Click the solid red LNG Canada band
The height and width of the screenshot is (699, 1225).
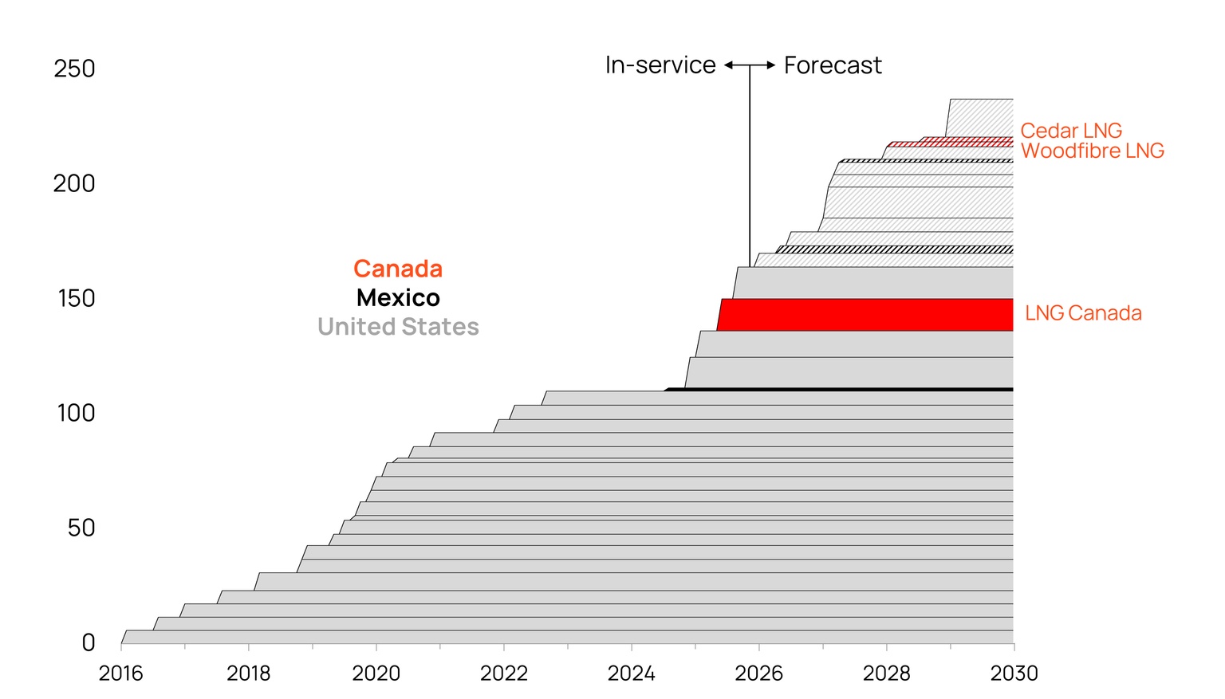click(x=865, y=315)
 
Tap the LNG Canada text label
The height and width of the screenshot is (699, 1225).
click(x=1082, y=313)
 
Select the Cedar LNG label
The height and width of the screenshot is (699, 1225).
click(x=1070, y=131)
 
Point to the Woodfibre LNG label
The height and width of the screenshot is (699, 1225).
click(x=1092, y=151)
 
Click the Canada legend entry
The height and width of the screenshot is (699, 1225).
click(x=397, y=269)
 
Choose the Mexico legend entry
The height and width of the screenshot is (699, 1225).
click(x=397, y=298)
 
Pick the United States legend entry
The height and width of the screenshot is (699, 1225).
click(x=397, y=327)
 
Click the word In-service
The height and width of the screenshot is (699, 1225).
click(x=660, y=65)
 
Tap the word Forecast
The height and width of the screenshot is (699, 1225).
click(x=832, y=65)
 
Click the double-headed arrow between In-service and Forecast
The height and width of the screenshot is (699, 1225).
click(x=750, y=65)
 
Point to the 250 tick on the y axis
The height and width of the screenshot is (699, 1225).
click(x=74, y=69)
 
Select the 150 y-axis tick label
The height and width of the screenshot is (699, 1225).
click(x=76, y=298)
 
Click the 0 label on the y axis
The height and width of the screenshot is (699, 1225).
click(x=88, y=642)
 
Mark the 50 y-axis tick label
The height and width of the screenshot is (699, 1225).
click(x=81, y=528)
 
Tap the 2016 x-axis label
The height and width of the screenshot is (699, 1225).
click(x=120, y=673)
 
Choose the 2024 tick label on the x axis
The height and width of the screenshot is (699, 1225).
click(x=631, y=673)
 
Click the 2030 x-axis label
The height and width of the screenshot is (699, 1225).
click(x=1014, y=673)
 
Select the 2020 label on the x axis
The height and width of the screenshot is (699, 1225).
click(x=376, y=673)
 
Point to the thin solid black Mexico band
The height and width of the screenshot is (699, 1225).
click(x=837, y=390)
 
